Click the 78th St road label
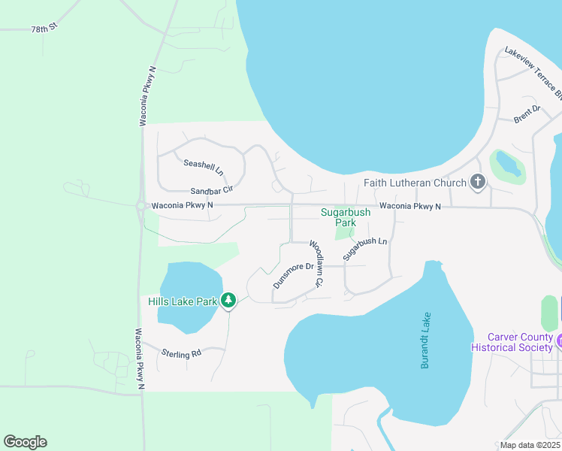(44, 29)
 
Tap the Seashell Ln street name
(204, 167)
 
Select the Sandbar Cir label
(212, 191)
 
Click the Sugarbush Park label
(346, 217)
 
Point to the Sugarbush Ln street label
(364, 250)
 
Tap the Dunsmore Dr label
(293, 275)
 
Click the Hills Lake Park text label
(183, 301)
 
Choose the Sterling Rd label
(182, 352)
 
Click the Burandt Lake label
(426, 340)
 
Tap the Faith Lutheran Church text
(415, 182)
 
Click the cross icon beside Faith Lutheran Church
(477, 182)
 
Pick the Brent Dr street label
(527, 114)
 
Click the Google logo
(25, 442)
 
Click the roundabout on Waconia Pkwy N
(140, 205)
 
